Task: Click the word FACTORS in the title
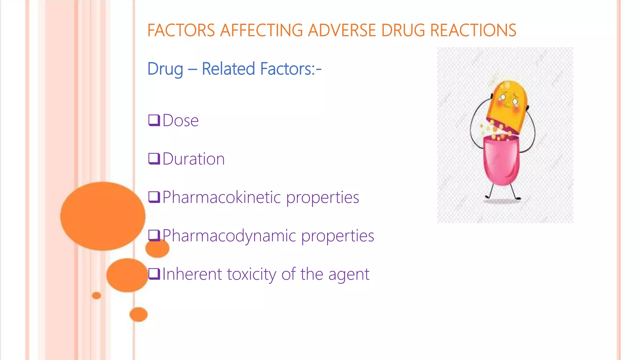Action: pyautogui.click(x=181, y=31)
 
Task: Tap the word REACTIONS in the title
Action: pyautogui.click(x=473, y=31)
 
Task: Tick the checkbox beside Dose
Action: pyautogui.click(x=154, y=120)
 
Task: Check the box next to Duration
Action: pyautogui.click(x=154, y=159)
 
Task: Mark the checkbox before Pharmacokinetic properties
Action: pyautogui.click(x=154, y=197)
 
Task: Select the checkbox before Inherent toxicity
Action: pyautogui.click(x=154, y=274)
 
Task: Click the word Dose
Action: pyautogui.click(x=181, y=121)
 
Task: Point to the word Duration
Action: pyautogui.click(x=194, y=159)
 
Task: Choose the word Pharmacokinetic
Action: pyautogui.click(x=222, y=197)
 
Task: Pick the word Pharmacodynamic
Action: pyautogui.click(x=229, y=236)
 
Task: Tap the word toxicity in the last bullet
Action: pyautogui.click(x=252, y=274)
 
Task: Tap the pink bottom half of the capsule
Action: pyautogui.click(x=501, y=161)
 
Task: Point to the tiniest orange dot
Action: pyautogui.click(x=97, y=295)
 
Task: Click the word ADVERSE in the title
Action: pyautogui.click(x=342, y=31)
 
